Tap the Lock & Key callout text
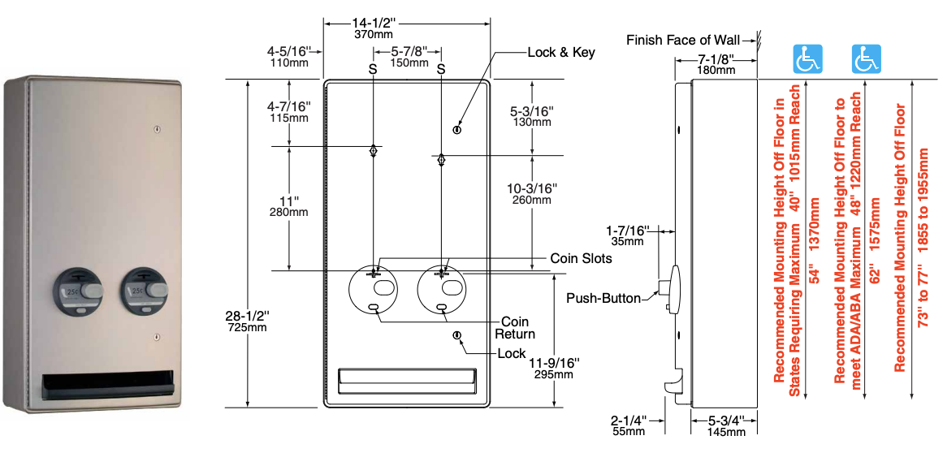click(561, 53)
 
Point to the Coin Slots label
click(581, 258)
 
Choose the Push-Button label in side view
click(603, 298)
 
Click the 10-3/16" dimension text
click(532, 194)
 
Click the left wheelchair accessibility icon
click(807, 59)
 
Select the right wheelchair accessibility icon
click(866, 59)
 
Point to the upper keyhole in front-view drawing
click(456, 130)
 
